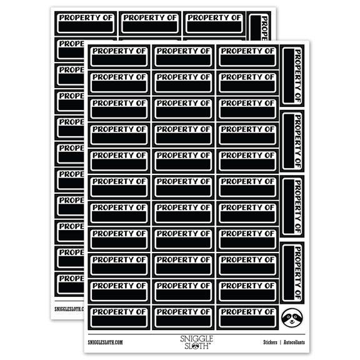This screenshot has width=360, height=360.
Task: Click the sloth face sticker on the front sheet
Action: click(x=292, y=317)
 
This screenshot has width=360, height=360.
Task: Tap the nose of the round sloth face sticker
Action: click(x=292, y=321)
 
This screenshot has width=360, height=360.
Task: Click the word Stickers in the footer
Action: click(x=270, y=342)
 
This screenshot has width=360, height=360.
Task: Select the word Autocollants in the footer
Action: click(x=294, y=342)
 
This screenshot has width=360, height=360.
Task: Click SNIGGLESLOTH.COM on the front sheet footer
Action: click(x=106, y=342)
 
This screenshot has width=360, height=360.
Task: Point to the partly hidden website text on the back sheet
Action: click(x=69, y=309)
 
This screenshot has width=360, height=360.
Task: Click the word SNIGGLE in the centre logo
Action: click(x=196, y=339)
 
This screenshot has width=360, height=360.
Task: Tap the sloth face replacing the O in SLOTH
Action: click(x=195, y=346)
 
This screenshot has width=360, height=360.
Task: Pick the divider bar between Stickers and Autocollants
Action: click(x=281, y=342)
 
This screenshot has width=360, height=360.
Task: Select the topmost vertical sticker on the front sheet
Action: click(x=292, y=76)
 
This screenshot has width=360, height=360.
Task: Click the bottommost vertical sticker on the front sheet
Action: click(x=292, y=272)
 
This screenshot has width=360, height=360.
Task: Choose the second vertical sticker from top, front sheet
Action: click(x=292, y=141)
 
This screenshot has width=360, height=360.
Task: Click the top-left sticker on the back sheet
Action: click(x=86, y=23)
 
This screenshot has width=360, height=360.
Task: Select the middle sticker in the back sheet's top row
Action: click(x=150, y=23)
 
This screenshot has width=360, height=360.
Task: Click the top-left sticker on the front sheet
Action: click(x=119, y=57)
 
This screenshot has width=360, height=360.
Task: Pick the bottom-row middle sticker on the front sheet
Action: click(x=183, y=317)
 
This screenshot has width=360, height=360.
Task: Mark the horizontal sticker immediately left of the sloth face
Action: click(x=247, y=317)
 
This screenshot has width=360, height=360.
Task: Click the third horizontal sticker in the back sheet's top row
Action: click(x=214, y=23)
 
